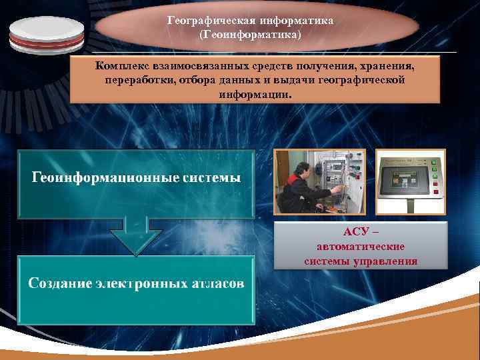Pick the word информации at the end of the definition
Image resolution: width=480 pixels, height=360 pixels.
pyautogui.click(x=255, y=94)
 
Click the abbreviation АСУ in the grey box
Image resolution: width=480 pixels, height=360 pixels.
pyautogui.click(x=355, y=232)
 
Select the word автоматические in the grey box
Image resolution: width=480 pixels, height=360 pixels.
pyautogui.click(x=361, y=247)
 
